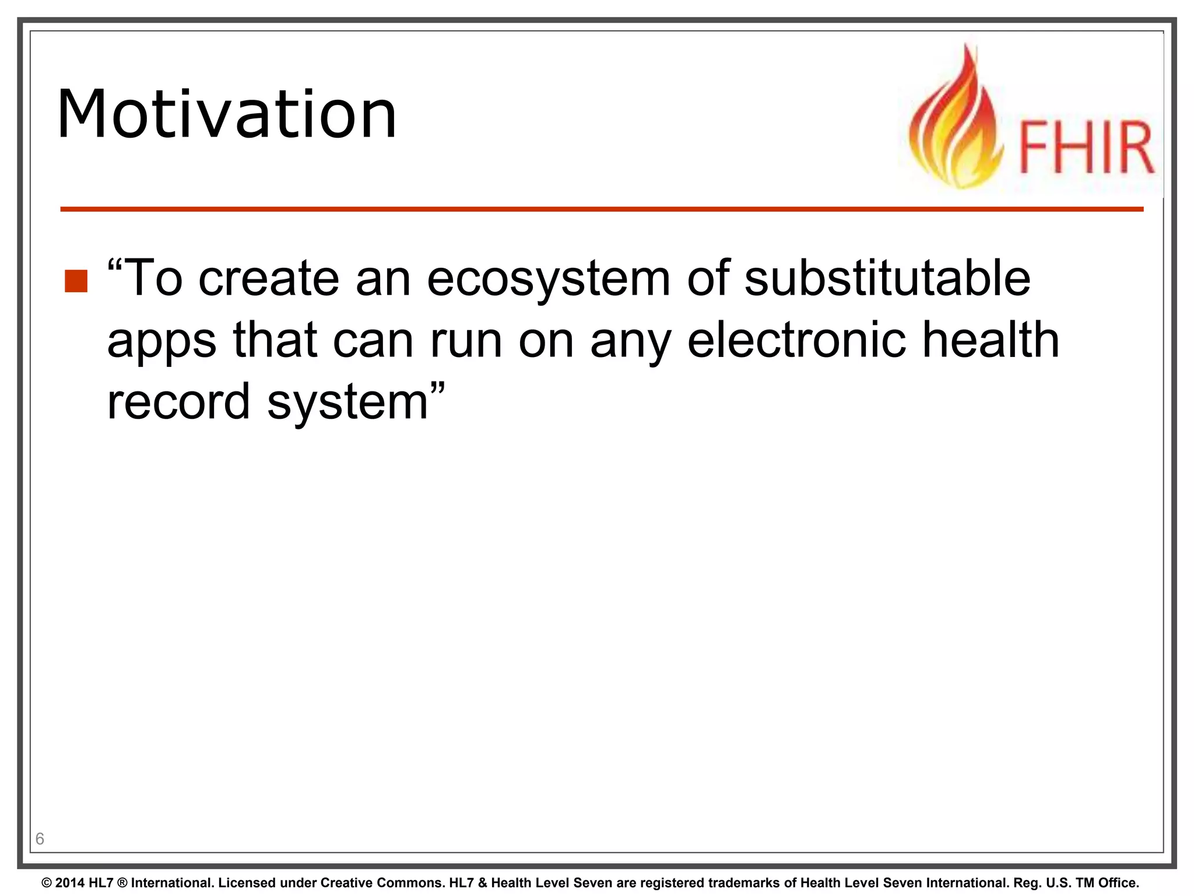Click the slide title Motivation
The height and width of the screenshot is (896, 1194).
click(226, 114)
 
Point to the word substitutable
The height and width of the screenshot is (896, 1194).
click(887, 278)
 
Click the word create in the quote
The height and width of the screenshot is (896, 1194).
click(269, 278)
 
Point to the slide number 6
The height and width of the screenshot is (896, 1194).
click(40, 839)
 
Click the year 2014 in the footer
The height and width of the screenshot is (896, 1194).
click(70, 883)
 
